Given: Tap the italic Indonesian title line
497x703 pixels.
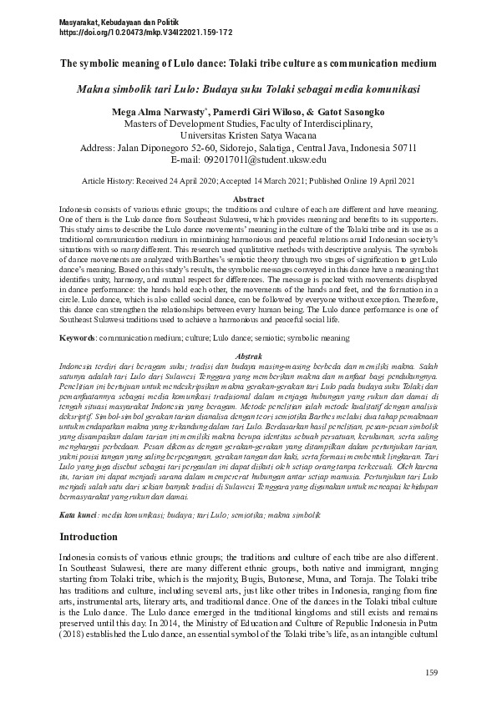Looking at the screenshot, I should [248, 88].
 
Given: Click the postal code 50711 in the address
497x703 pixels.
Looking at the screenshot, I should [399, 147].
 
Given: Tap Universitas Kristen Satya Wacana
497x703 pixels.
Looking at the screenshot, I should [248, 134].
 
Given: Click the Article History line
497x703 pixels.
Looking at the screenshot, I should [248, 180].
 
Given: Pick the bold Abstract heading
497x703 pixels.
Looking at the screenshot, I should [248, 200].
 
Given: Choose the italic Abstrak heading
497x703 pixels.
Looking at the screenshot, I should [248, 355].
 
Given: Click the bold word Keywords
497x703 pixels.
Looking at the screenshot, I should [77, 338].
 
